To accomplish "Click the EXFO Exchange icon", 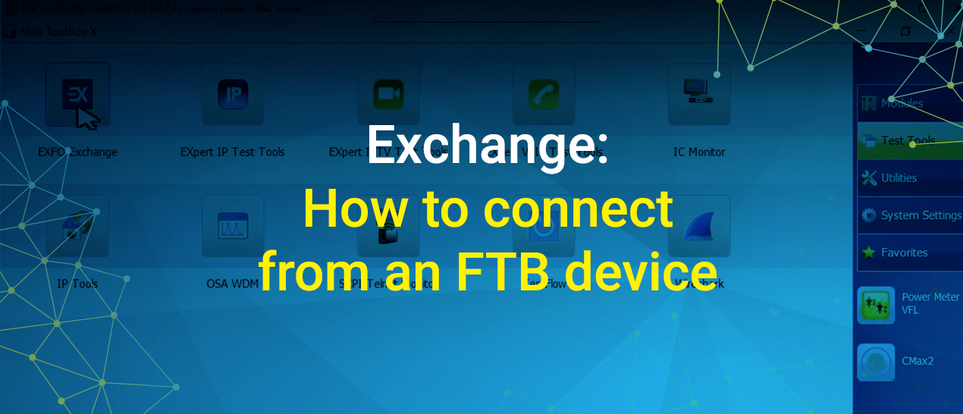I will (77, 95).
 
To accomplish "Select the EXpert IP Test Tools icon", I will (233, 94).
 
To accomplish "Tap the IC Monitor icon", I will (699, 94).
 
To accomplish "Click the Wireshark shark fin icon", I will (699, 225).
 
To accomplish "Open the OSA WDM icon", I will (233, 225).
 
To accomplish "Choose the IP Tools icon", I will (77, 225).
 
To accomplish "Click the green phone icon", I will (544, 94).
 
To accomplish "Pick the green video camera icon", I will (388, 94).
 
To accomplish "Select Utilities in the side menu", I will (899, 178).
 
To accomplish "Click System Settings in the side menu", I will (920, 215).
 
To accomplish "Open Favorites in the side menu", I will (904, 252).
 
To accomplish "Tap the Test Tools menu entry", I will (908, 140).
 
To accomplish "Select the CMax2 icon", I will (876, 362).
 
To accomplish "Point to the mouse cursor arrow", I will (87, 118).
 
